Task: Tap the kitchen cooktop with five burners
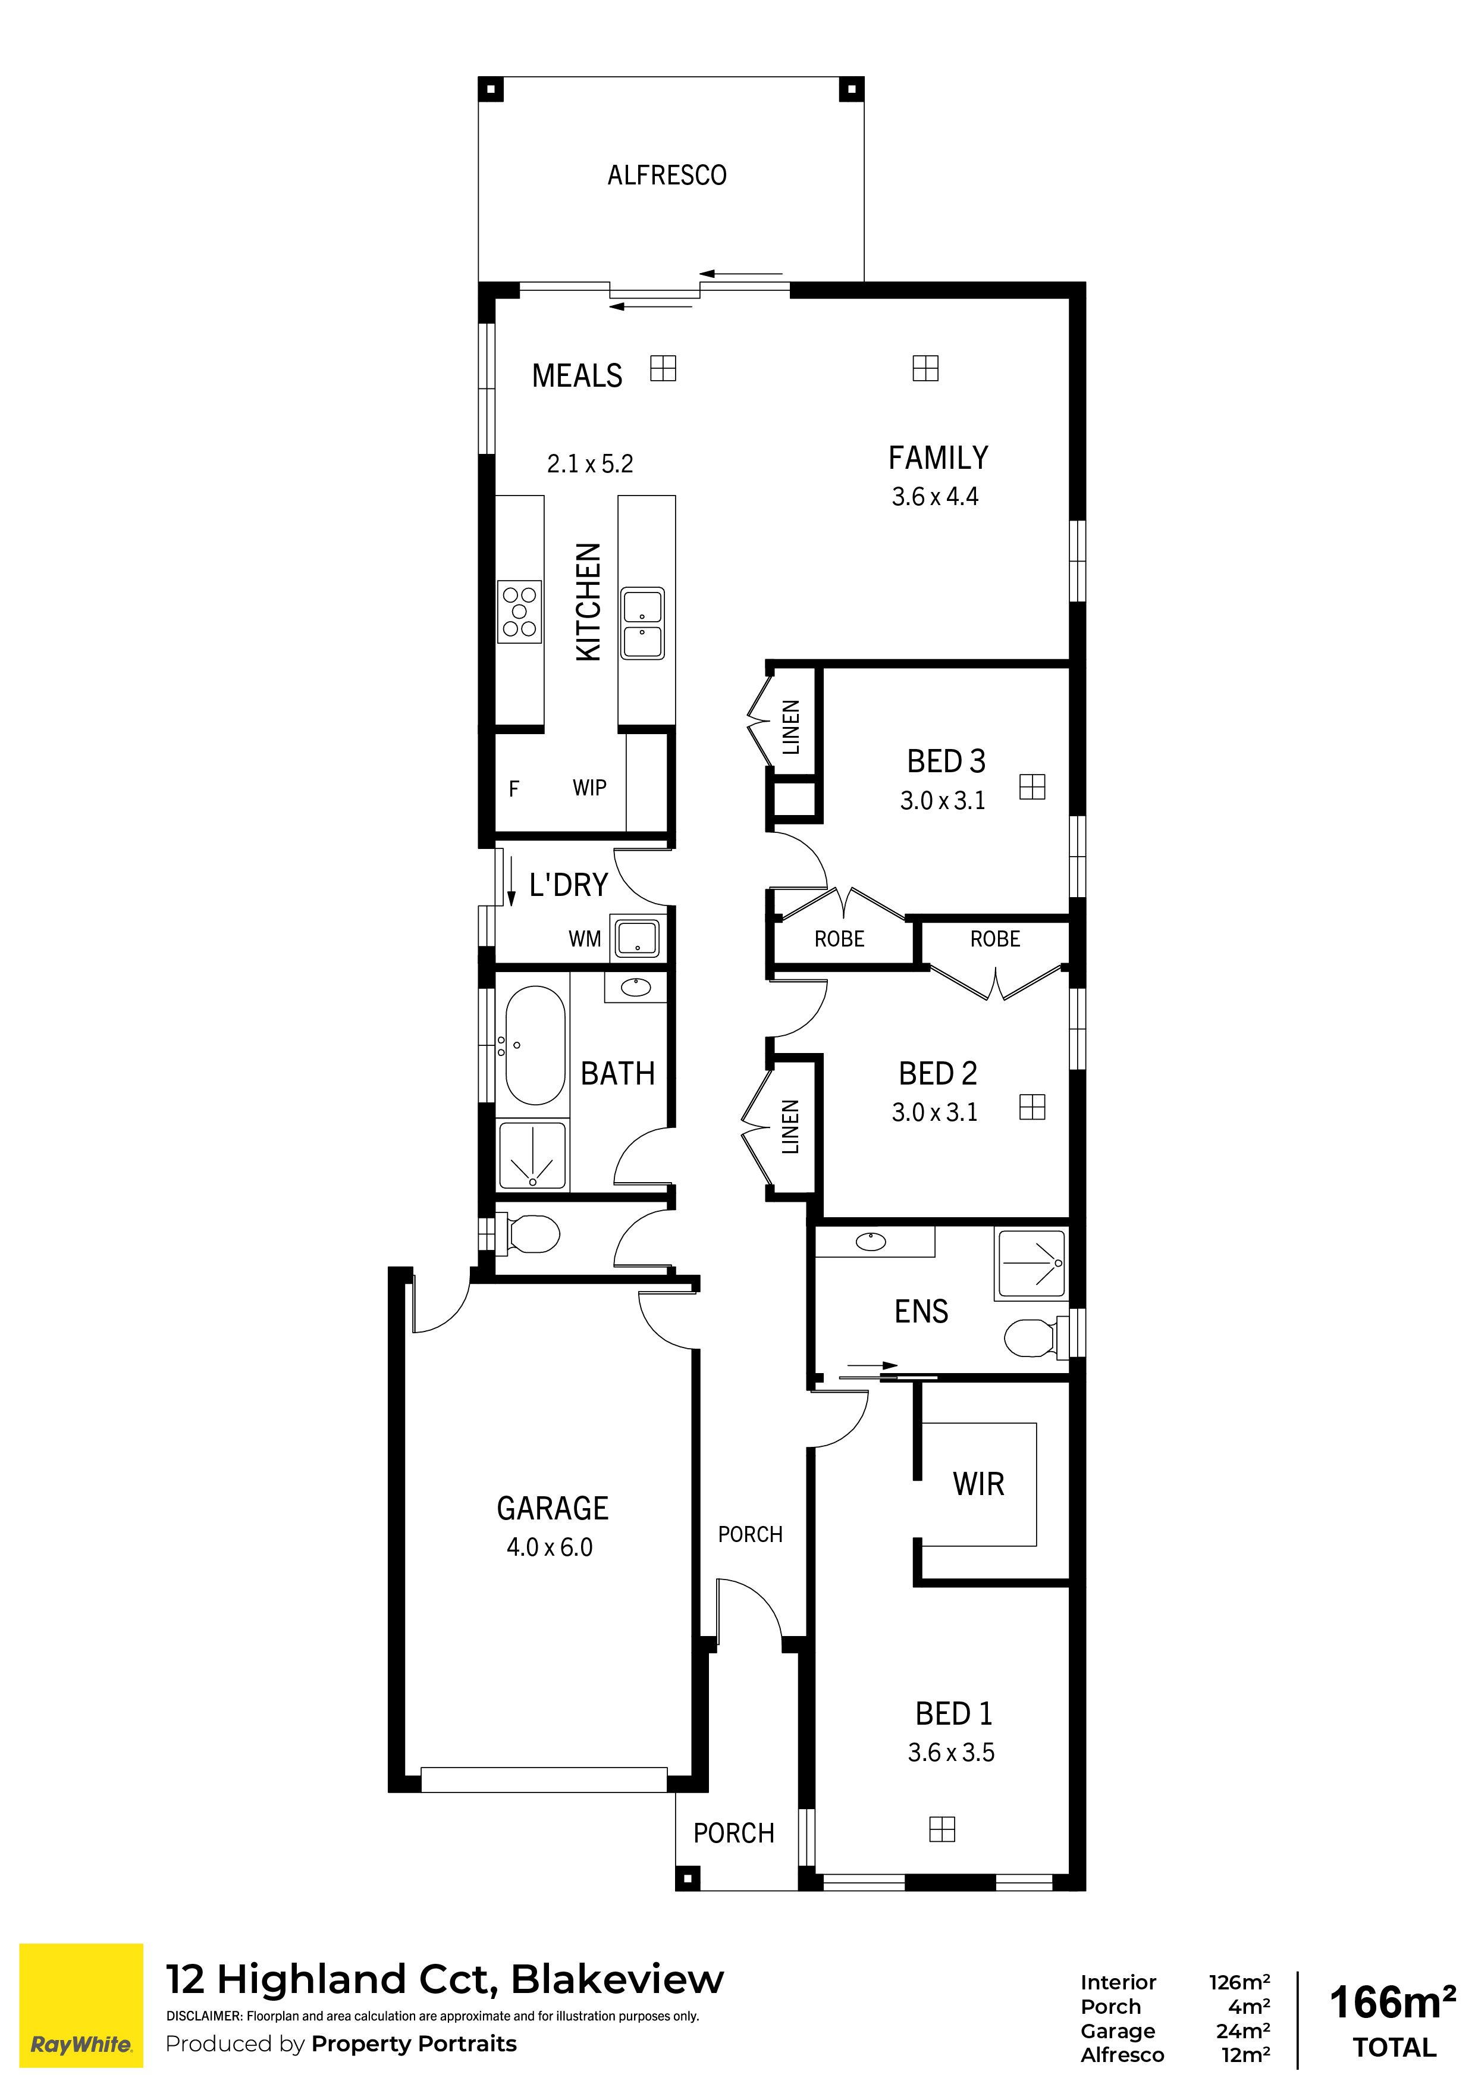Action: tap(520, 612)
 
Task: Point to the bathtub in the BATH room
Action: tap(535, 1045)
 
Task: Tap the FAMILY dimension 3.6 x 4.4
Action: tap(935, 496)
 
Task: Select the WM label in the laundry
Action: tap(585, 939)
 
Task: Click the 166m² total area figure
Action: tap(1393, 2003)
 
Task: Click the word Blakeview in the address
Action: tap(618, 1979)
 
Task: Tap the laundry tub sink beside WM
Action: tap(638, 939)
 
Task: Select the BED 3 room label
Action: tap(946, 761)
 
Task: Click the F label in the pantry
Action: tap(513, 789)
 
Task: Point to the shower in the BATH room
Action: tap(532, 1154)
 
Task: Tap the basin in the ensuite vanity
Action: tap(871, 1241)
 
